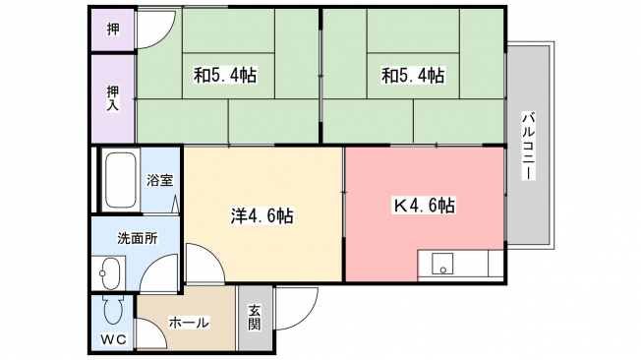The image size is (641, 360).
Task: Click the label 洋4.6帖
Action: tap(262, 215)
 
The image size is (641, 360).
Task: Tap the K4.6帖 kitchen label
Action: tap(424, 206)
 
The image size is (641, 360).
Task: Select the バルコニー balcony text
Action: tap(529, 146)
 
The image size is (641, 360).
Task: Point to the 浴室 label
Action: tap(160, 180)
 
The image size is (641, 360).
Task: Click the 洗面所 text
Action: tap(138, 238)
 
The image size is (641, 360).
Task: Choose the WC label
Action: tap(114, 339)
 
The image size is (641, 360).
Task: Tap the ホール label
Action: tap(189, 323)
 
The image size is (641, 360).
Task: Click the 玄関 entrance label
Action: tap(254, 318)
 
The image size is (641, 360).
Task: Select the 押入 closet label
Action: tap(113, 98)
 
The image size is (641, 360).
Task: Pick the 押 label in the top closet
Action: tap(113, 30)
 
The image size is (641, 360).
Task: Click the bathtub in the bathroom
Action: tap(121, 180)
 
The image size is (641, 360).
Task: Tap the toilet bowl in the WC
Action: tap(113, 310)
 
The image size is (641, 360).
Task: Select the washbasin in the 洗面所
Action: tap(109, 272)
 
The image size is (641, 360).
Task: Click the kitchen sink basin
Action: tap(442, 264)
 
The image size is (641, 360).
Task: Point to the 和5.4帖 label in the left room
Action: tap(225, 76)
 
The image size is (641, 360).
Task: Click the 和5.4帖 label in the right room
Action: tap(413, 76)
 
